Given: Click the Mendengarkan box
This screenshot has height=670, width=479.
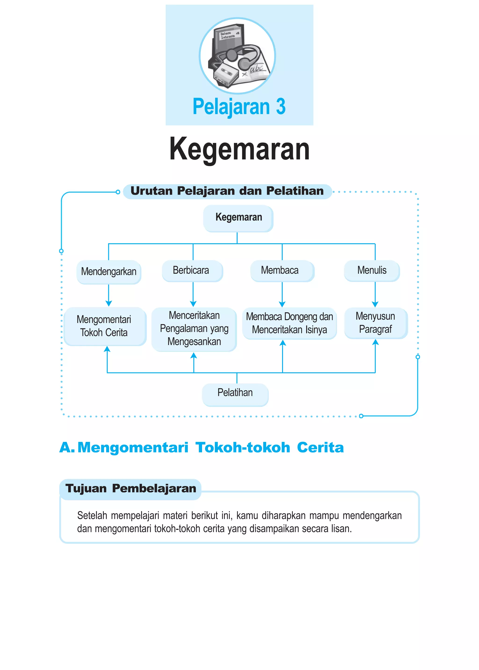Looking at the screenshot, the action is tap(109, 272).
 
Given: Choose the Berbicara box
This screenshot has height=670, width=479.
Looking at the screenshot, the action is tap(192, 270).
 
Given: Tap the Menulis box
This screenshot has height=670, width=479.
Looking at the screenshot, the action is tap(372, 270).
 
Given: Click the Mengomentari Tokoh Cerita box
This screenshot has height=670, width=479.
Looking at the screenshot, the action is tap(105, 326).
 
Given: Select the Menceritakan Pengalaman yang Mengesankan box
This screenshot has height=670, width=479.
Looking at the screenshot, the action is tap(194, 329).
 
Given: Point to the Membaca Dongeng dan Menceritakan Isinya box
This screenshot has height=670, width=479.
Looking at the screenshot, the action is tap(289, 323).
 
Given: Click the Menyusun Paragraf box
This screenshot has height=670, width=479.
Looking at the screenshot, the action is tap(375, 323).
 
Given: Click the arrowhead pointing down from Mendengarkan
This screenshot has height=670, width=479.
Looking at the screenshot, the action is tap(109, 304).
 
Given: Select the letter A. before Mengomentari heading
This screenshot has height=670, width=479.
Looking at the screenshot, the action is tap(67, 448).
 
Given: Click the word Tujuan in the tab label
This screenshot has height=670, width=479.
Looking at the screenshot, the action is tap(86, 488).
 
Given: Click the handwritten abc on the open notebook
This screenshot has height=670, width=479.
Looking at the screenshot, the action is tap(257, 69).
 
